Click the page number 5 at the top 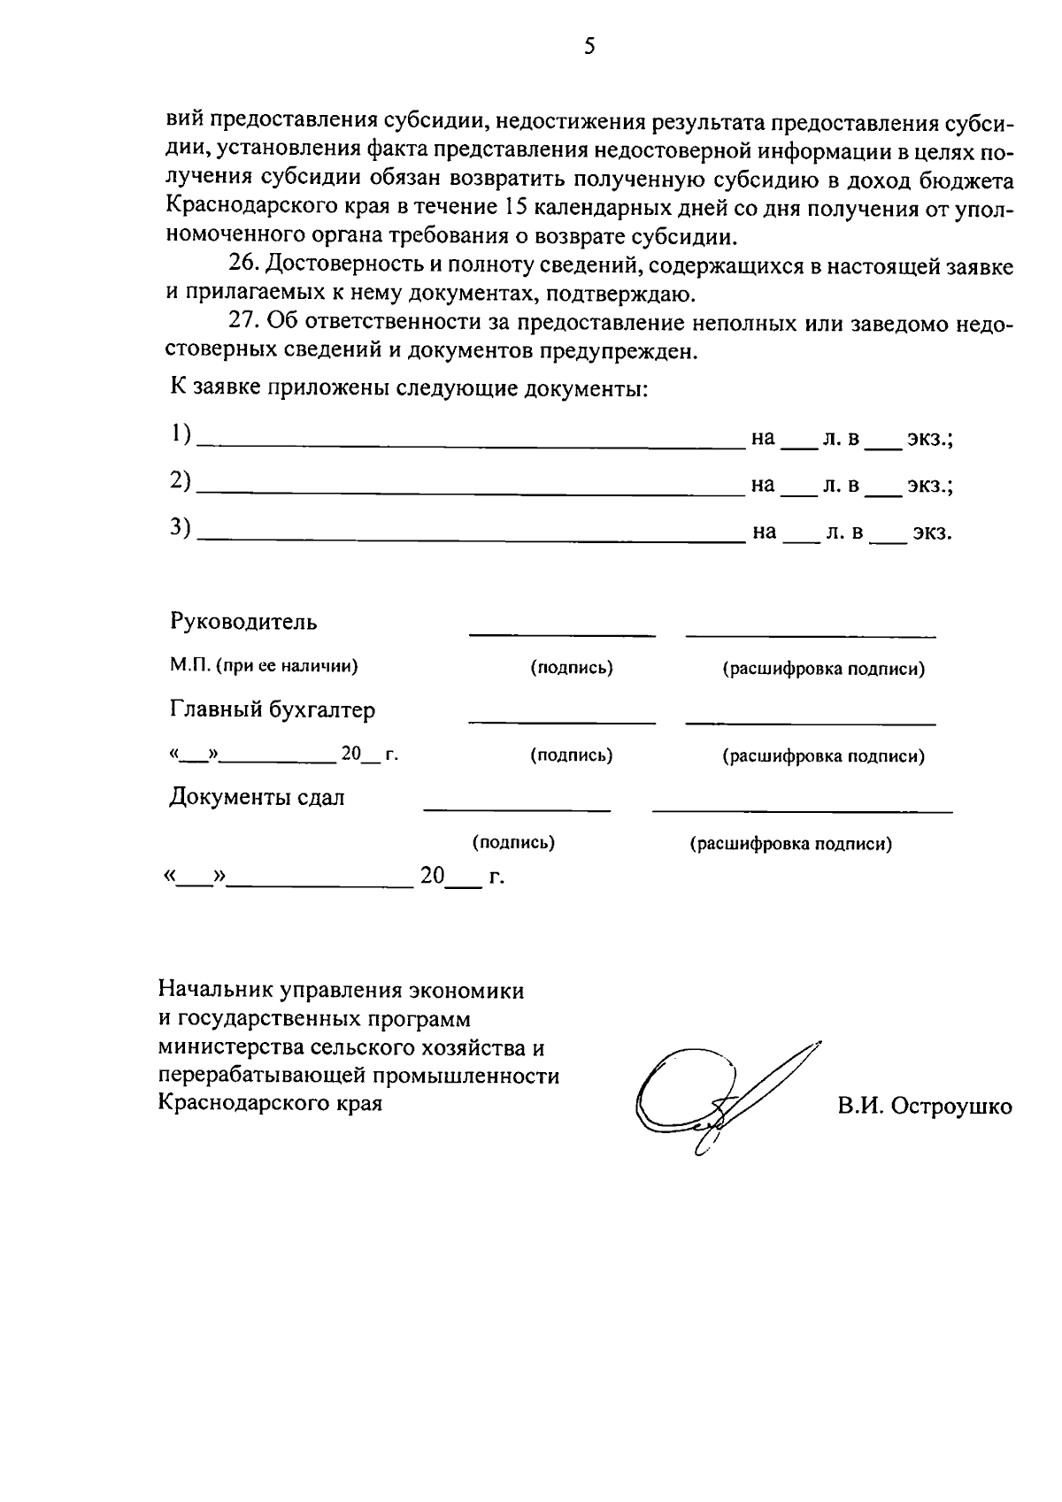589,47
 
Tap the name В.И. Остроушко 925,1106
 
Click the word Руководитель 243,622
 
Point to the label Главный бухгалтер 273,709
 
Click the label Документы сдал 258,797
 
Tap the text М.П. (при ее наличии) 264,667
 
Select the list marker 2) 181,481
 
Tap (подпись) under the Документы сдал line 513,843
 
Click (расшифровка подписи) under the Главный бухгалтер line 824,756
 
